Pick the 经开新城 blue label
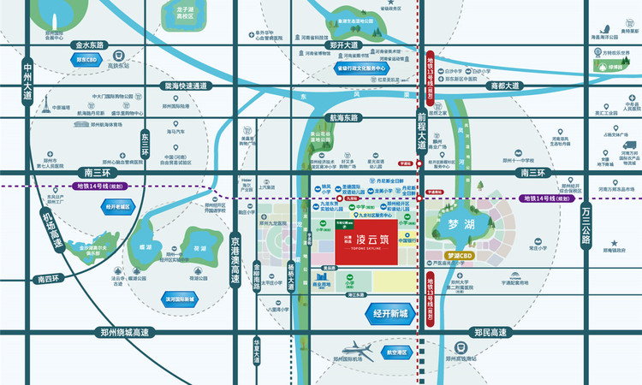tap(392, 314)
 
